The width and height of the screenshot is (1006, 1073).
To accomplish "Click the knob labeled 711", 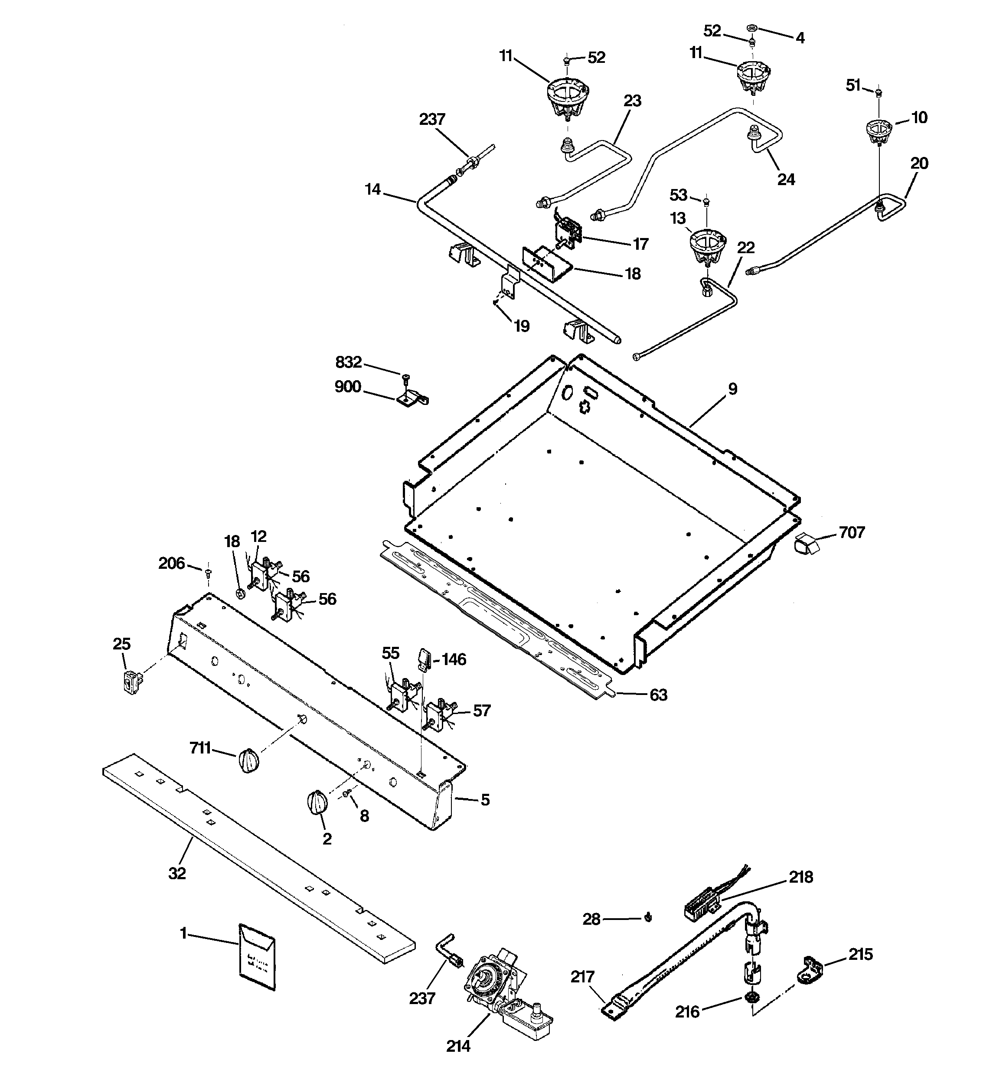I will point(248,761).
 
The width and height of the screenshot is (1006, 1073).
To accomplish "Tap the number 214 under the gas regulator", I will point(458,1046).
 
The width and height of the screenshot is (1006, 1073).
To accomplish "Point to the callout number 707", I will point(852,533).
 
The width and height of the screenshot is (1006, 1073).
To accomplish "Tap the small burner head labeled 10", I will point(879,132).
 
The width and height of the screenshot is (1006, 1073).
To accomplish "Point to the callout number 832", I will point(348,362).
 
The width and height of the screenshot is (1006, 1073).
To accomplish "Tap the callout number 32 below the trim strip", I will point(177,873).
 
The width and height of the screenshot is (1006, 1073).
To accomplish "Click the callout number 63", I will point(658,695).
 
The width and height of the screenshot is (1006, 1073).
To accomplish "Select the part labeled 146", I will point(424,659).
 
